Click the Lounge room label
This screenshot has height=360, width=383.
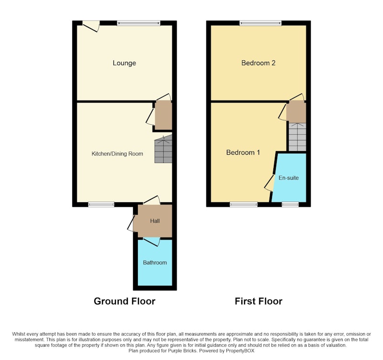pos(124,63)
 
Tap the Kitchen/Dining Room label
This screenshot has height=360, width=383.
pos(117,154)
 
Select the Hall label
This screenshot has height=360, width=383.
pos(155,221)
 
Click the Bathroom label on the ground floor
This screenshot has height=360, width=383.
pos(155,263)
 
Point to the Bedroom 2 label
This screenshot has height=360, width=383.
pos(259,63)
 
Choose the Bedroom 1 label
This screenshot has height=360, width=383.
pos(243,152)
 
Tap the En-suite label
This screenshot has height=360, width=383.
pos(289,178)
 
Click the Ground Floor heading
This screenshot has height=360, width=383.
pos(124,302)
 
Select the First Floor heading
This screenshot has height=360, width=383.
pos(259,302)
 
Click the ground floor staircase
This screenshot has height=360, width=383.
pos(163,149)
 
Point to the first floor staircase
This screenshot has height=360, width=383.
pos(297,137)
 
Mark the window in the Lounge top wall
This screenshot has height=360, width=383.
pos(138,23)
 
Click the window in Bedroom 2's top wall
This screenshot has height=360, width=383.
pos(260,23)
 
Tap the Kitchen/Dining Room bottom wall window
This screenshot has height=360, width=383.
pos(101,205)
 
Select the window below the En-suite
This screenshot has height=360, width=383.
pos(290,205)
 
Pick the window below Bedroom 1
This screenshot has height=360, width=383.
pos(244,205)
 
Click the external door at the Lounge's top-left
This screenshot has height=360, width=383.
pos(91,26)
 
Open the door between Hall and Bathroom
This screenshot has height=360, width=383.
pos(152,242)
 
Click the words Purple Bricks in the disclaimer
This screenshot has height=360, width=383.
pos(182,351)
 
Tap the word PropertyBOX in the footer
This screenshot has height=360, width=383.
pos(240,351)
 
